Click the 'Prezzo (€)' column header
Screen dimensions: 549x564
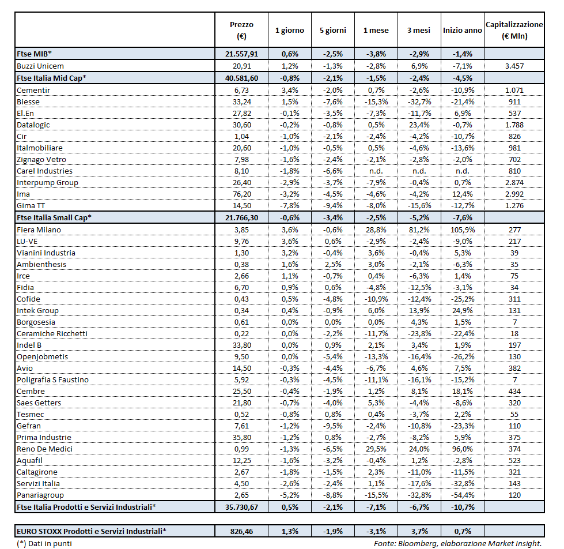point(241,30)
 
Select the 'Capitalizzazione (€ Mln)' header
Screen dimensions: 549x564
point(514,30)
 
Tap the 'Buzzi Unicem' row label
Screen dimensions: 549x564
point(40,66)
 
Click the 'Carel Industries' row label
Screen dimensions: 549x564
point(45,171)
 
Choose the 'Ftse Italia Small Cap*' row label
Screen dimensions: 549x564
point(54,217)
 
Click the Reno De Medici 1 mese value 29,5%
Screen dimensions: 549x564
point(376,449)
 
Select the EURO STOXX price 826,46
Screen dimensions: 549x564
point(241,531)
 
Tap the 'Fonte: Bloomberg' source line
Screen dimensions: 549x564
point(458,543)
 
